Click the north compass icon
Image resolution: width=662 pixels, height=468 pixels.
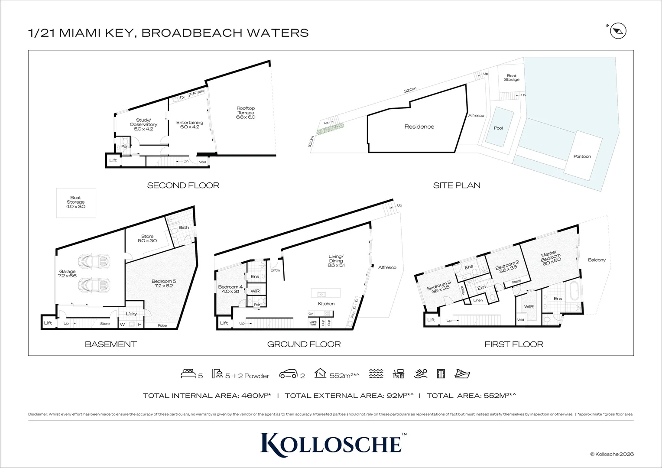point(618,31)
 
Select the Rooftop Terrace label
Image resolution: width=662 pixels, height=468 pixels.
point(246,113)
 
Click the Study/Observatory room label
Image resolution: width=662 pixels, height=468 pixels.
point(143,124)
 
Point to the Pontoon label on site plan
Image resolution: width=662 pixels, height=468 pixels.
point(582,156)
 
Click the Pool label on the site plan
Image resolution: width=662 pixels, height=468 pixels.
point(498,128)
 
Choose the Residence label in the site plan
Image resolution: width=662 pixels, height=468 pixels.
point(419,127)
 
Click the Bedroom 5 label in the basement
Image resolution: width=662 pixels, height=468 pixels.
point(164,283)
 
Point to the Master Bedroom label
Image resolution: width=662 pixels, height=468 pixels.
point(550,257)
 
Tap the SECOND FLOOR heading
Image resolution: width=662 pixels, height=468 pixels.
point(183,185)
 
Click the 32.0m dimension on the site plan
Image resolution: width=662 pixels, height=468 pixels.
point(410,91)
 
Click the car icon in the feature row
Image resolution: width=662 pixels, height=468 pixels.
point(288,374)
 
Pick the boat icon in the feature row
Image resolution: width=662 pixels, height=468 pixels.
point(462,374)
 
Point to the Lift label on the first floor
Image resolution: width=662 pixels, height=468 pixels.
point(431,320)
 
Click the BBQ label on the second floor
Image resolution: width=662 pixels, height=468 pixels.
point(201,92)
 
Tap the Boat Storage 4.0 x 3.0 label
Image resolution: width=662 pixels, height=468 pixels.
point(76,202)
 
